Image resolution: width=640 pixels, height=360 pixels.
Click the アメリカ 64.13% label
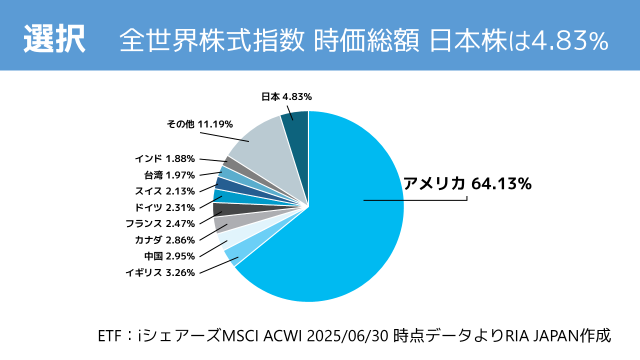[x=467, y=183]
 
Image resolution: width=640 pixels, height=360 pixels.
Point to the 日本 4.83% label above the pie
[x=286, y=97]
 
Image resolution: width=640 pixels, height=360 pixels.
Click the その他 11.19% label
[x=200, y=124]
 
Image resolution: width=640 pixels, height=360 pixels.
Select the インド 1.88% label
[x=164, y=158]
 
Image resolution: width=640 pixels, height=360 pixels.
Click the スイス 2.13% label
[x=164, y=190]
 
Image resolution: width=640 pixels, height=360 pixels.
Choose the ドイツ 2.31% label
[x=164, y=207]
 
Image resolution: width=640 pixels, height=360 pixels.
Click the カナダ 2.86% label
[x=164, y=239]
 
